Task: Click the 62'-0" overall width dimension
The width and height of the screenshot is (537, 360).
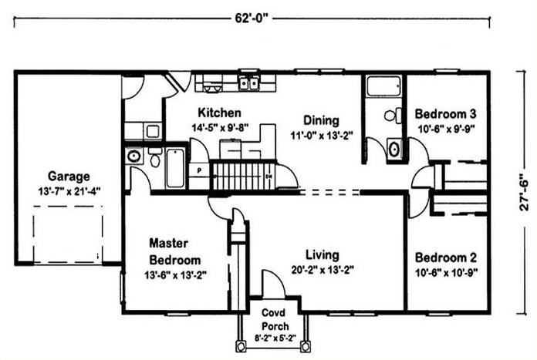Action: [x=251, y=19]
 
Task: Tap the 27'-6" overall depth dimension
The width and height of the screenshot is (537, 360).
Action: [x=524, y=193]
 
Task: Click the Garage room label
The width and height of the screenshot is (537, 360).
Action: [x=69, y=177]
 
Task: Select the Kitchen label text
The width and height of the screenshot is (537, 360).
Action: [x=220, y=113]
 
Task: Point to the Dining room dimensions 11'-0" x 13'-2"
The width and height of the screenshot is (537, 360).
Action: [x=322, y=136]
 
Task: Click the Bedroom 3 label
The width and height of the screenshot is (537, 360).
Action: [x=445, y=113]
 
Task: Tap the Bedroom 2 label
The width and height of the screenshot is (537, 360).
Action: [x=446, y=257]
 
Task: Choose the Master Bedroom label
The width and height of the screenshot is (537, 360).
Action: [x=175, y=251]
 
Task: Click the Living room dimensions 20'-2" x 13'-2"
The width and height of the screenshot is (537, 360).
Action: [x=323, y=271]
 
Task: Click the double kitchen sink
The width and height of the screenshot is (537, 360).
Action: [x=248, y=83]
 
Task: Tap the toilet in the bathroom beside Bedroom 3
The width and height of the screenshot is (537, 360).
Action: [x=393, y=116]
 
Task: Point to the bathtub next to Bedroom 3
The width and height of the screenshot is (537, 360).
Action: [x=383, y=86]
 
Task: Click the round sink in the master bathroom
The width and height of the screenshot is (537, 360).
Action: [x=134, y=156]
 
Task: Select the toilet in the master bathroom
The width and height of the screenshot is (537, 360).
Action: [x=155, y=157]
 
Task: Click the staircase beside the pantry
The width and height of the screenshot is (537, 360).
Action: [x=244, y=177]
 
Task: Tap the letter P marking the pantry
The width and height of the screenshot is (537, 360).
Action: [x=199, y=170]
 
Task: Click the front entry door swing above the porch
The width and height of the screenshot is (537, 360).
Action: [x=273, y=284]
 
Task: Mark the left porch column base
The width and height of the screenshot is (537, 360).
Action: [x=241, y=345]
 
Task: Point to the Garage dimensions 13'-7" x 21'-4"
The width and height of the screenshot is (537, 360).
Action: [x=69, y=191]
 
